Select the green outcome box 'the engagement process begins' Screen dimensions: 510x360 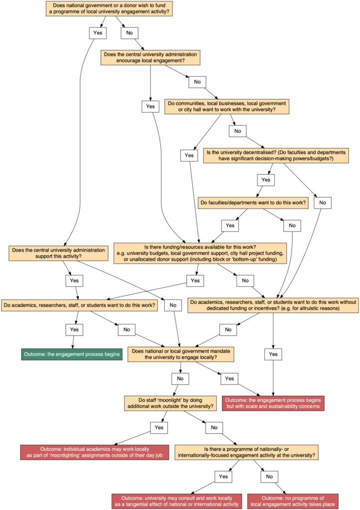point(72,355)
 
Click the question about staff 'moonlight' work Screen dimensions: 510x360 point(170,403)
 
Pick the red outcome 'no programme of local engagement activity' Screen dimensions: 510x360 point(293,501)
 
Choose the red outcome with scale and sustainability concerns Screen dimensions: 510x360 point(273,403)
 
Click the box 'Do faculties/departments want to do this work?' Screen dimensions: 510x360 point(253,203)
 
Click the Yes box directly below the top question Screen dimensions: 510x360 point(98,33)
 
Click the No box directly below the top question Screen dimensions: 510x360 point(130,33)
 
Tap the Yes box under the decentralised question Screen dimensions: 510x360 point(265,179)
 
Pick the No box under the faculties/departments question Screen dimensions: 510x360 point(292,226)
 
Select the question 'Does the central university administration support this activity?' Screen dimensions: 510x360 point(59,253)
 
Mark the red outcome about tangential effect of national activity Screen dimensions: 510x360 point(177,501)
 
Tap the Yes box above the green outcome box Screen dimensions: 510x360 point(74,329)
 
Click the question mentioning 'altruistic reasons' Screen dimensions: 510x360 point(273,305)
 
